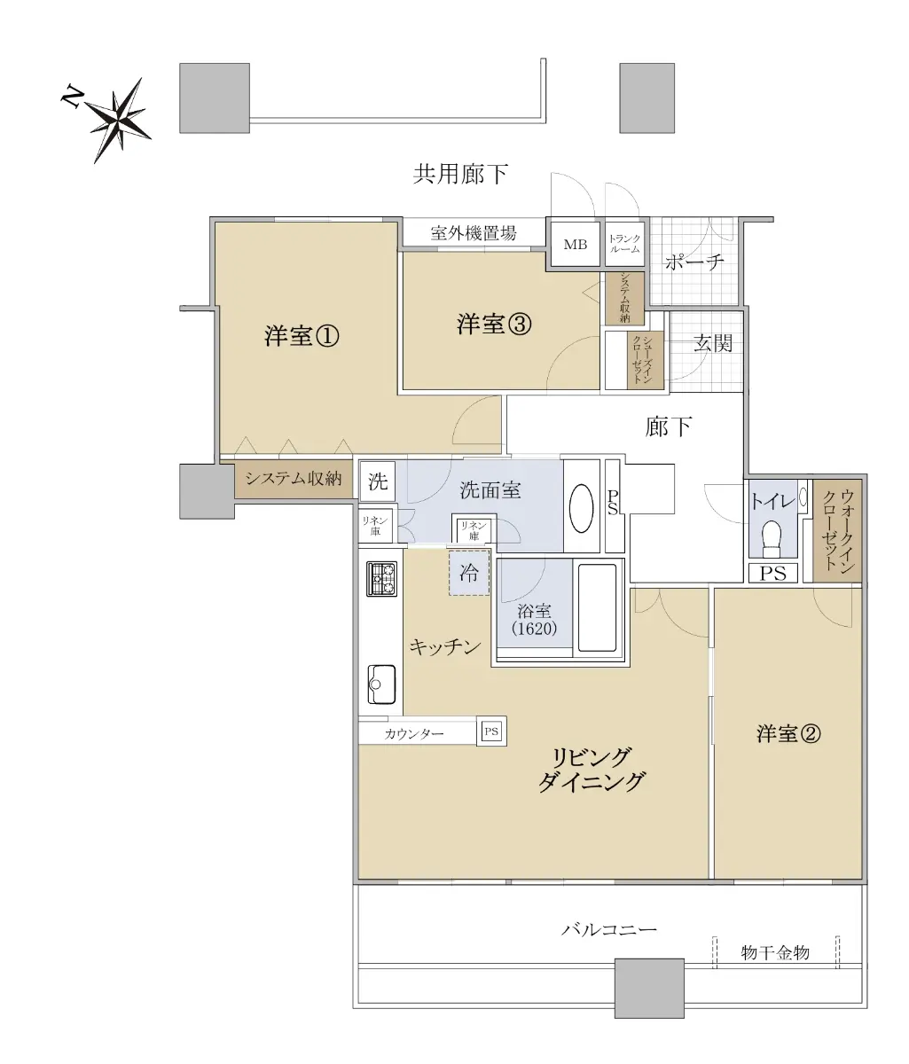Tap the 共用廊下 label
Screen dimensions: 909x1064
(x=460, y=174)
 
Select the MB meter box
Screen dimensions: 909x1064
(x=575, y=244)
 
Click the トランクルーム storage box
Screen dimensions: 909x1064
(x=624, y=244)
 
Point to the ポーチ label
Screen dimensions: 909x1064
(x=694, y=262)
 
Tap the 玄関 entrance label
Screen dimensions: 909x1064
(x=712, y=343)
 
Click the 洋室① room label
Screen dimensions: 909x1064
(x=302, y=336)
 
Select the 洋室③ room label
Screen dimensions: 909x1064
(x=494, y=325)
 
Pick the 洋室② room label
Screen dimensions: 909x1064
(x=788, y=733)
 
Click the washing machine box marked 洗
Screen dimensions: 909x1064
(x=377, y=481)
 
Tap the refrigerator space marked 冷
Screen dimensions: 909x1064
(x=469, y=573)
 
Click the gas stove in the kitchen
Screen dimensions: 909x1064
(x=381, y=579)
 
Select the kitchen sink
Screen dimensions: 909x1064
(x=381, y=685)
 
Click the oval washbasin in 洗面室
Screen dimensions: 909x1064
(x=582, y=509)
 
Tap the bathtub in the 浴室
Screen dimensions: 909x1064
(x=597, y=608)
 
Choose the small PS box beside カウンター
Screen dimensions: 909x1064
(x=491, y=731)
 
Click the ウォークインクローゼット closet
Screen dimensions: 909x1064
(x=837, y=531)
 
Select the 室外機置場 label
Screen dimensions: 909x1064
(x=474, y=233)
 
